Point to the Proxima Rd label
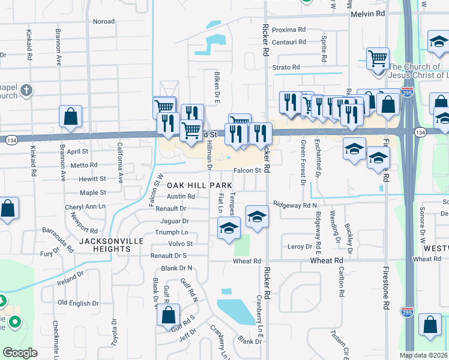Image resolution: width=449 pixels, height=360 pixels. [x=289, y=29]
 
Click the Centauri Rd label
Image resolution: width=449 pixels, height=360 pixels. [x=289, y=42]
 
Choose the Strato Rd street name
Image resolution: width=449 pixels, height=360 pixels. [x=286, y=68]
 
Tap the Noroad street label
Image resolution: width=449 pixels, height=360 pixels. [x=104, y=22]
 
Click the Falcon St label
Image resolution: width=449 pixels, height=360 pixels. [x=247, y=170]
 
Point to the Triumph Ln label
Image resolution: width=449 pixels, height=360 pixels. [x=172, y=232]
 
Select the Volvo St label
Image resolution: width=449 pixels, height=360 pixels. [x=180, y=244]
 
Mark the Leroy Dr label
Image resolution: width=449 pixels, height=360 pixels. [x=300, y=247]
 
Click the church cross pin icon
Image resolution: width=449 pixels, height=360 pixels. [x=25, y=91]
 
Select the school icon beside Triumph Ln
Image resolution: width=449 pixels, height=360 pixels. [x=229, y=228]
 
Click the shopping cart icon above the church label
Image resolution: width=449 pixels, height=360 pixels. [x=378, y=59]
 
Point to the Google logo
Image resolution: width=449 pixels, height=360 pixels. [x=20, y=353]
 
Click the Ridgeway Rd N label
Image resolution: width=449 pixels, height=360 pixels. [x=295, y=205]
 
